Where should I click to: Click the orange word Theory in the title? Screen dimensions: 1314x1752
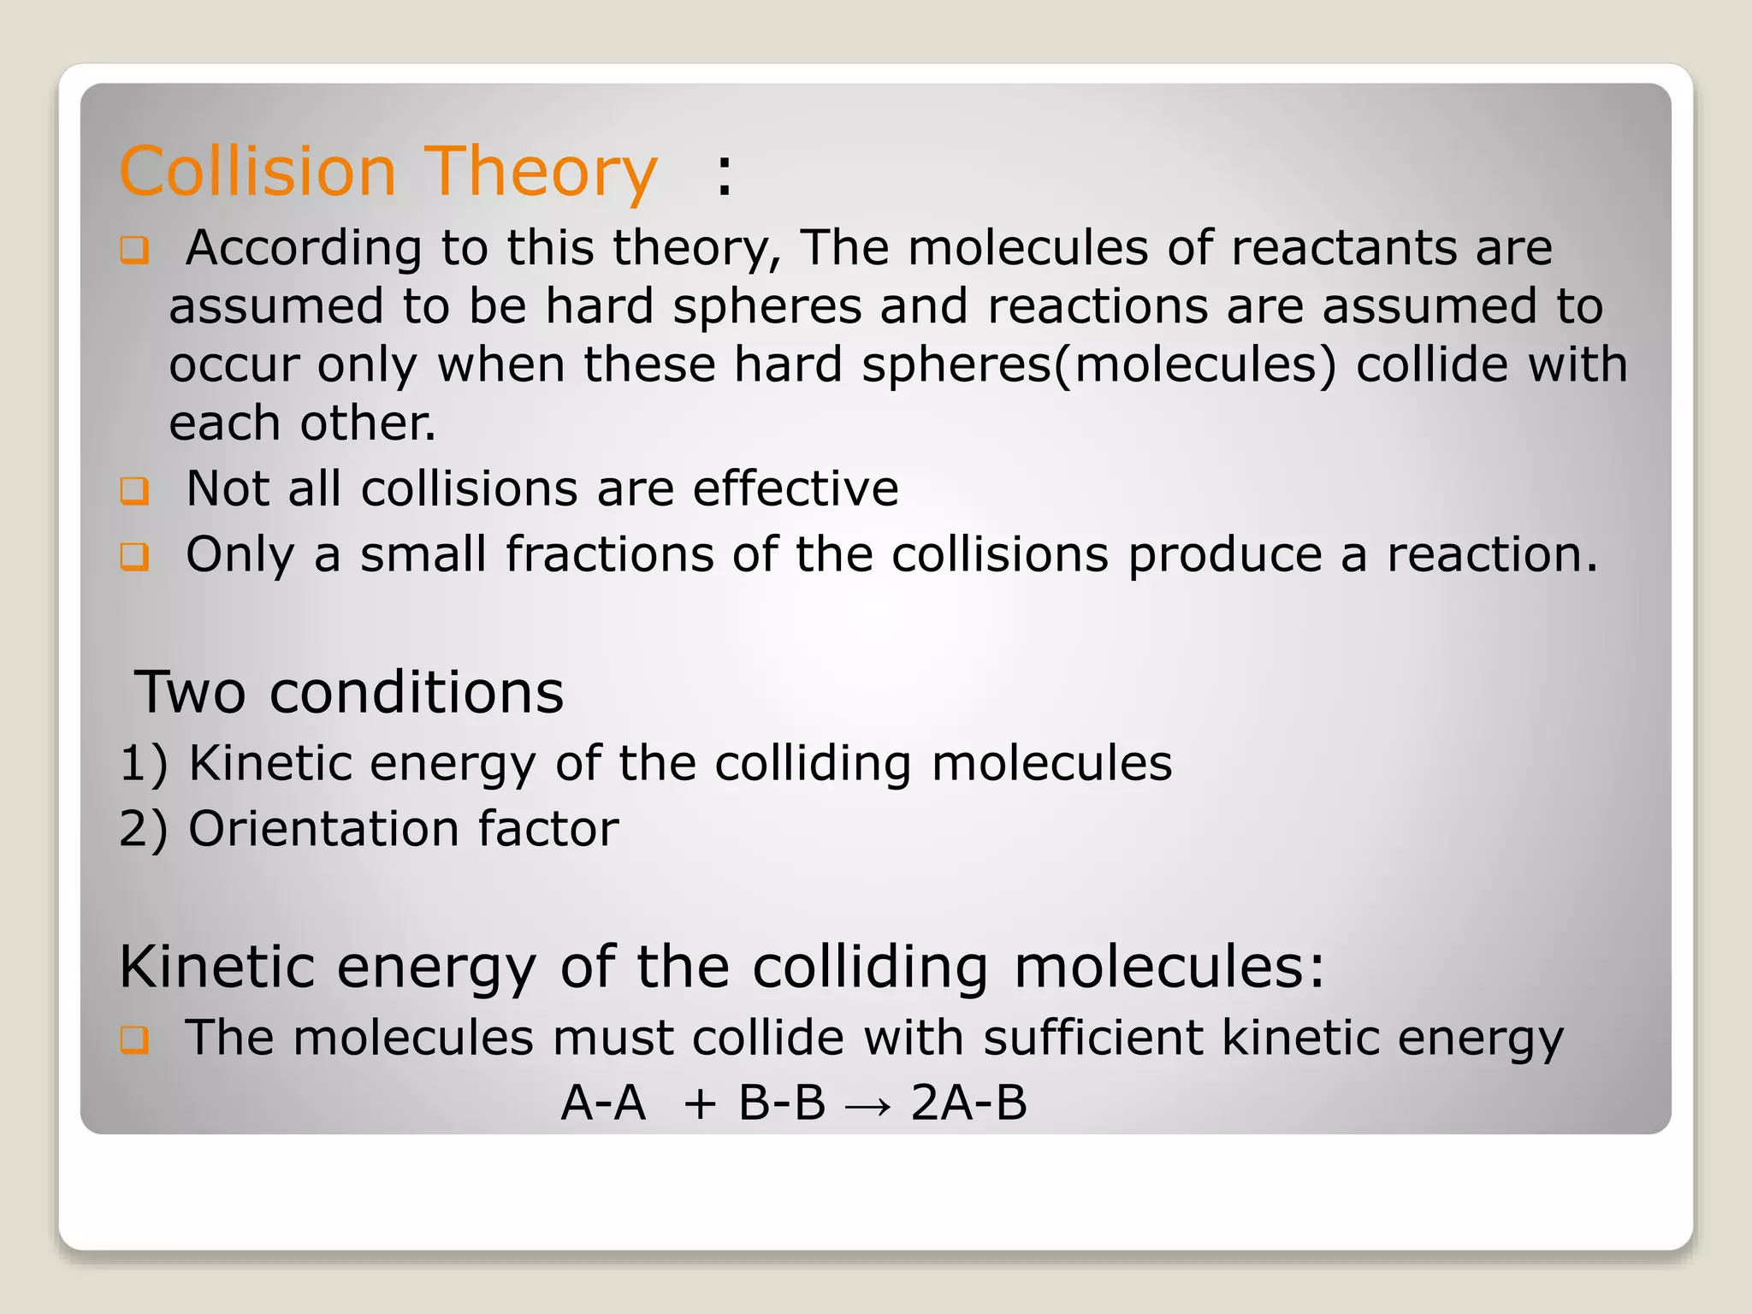point(541,173)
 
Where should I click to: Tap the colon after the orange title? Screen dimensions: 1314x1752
point(725,177)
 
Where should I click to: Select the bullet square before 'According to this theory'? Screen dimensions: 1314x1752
point(134,250)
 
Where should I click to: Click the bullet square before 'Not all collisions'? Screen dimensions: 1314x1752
point(134,490)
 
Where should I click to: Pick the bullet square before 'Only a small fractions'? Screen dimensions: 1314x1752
point(134,556)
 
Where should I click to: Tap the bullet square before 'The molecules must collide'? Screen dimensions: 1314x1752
point(134,1039)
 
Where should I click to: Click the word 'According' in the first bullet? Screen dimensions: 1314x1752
point(304,248)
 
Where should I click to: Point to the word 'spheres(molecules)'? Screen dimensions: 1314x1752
point(1098,364)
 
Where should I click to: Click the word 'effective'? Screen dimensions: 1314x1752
point(796,488)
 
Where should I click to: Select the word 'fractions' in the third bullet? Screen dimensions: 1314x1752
point(609,554)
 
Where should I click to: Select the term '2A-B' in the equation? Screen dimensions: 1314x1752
point(968,1103)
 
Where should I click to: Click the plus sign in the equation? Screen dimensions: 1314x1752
point(700,1104)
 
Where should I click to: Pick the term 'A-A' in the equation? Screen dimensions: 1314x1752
point(603,1103)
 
